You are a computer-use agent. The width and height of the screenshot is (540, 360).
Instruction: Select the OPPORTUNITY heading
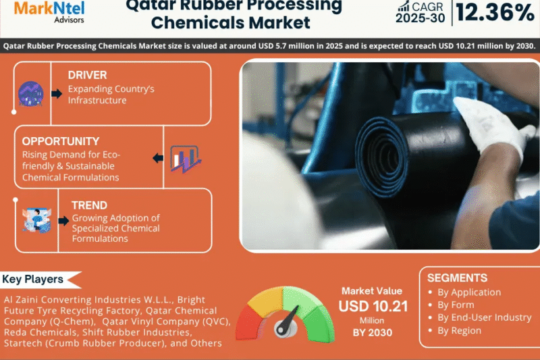(x=61, y=141)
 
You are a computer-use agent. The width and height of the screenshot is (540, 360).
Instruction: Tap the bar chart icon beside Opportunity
(x=184, y=158)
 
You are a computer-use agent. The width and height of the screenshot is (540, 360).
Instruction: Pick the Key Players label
(x=33, y=279)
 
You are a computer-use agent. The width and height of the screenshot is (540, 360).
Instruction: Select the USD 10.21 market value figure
(x=373, y=306)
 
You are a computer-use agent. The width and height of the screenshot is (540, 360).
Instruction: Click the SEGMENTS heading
(x=457, y=278)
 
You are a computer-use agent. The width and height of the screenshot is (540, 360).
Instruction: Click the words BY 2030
(x=373, y=332)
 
